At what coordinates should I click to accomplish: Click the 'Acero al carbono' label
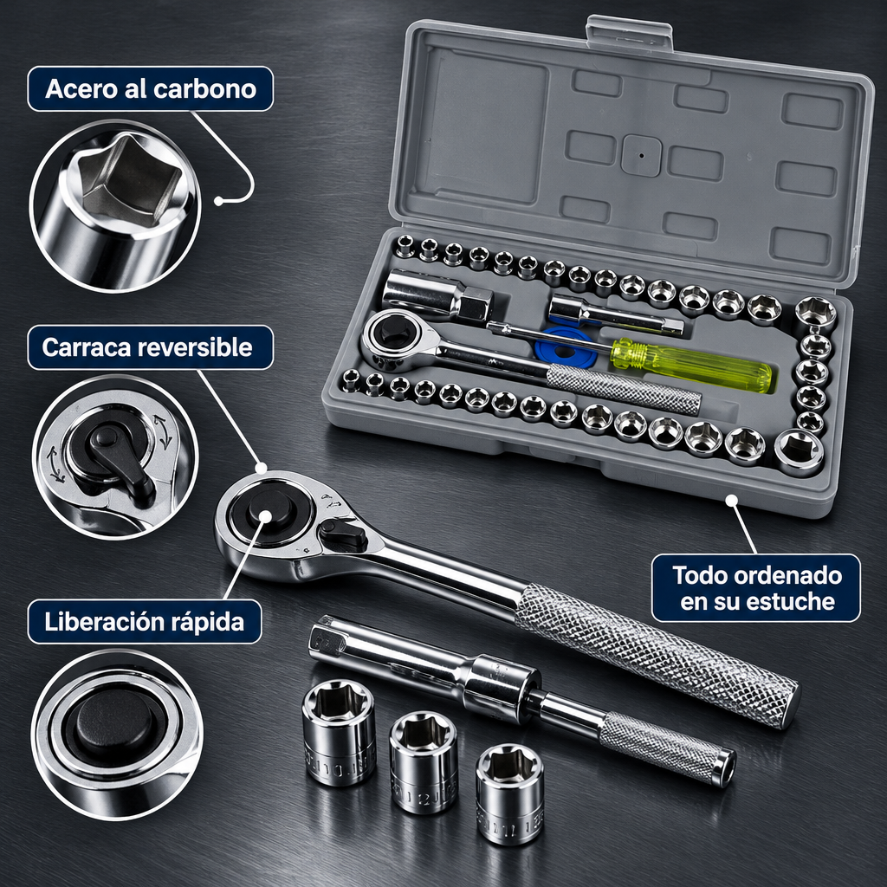coord(151,89)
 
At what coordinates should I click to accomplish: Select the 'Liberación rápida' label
coord(145,622)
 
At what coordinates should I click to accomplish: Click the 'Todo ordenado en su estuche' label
coord(756,588)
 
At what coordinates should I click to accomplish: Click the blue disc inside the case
coord(566,346)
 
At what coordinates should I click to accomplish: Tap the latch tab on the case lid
coord(629,33)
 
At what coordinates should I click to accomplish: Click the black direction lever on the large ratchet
coord(343,534)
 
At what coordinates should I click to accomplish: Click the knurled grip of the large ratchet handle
coord(657,656)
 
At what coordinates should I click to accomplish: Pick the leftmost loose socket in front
coord(339,733)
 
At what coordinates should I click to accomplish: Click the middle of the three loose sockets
coord(424,761)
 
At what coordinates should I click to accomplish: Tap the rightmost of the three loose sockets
coord(510,793)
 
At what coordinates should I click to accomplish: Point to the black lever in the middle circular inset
coord(120,458)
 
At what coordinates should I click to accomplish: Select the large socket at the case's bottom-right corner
coord(799,452)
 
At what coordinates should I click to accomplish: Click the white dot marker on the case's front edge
coord(732,500)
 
